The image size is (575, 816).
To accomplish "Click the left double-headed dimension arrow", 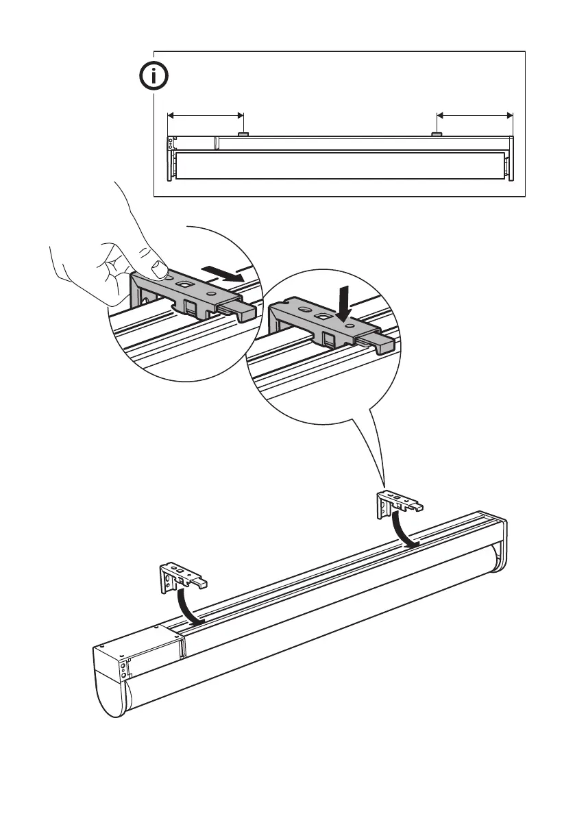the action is click(x=206, y=114).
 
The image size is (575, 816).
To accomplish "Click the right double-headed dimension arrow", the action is click(x=475, y=114).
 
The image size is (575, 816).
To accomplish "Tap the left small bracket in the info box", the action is click(x=243, y=134).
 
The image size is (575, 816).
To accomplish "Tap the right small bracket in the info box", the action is click(x=436, y=134).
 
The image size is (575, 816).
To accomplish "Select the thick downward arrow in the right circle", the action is click(x=344, y=302).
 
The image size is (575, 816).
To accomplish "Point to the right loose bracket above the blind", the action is click(x=397, y=504).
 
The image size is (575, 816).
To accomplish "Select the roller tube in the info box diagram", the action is click(x=339, y=165).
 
